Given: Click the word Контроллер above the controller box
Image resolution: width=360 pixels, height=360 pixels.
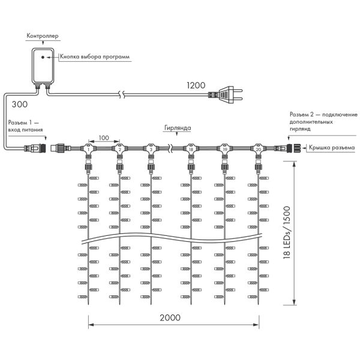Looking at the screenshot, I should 41,37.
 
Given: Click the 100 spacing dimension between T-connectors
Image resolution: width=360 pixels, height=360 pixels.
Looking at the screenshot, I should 104,138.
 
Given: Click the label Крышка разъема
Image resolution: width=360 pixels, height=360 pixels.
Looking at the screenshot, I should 332,147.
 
